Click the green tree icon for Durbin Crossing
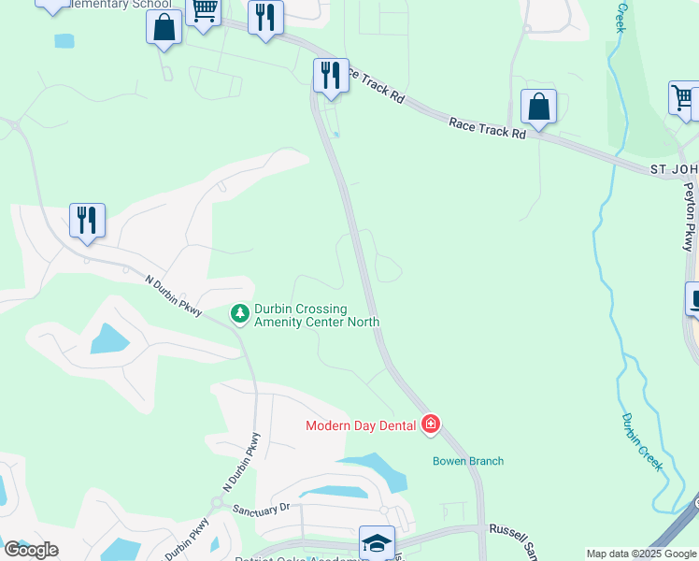click(x=240, y=314)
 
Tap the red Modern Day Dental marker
click(x=431, y=425)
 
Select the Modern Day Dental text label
click(x=362, y=426)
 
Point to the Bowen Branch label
click(x=468, y=461)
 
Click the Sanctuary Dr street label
click(x=262, y=510)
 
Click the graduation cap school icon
click(x=377, y=542)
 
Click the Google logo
click(x=31, y=550)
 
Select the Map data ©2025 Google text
click(x=642, y=554)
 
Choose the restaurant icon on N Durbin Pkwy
click(x=87, y=221)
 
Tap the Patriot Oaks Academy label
click(x=308, y=557)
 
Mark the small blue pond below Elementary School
click(x=64, y=41)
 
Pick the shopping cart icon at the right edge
click(x=684, y=97)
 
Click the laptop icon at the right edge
click(x=693, y=299)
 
